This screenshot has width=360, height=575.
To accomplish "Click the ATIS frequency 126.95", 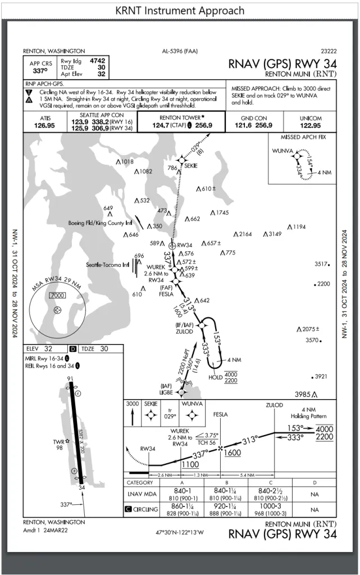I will (44, 125).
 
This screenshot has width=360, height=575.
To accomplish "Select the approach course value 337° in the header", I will (40, 71).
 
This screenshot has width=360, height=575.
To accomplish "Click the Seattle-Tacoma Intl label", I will (108, 264).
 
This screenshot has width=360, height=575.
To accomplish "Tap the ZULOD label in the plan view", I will (185, 332).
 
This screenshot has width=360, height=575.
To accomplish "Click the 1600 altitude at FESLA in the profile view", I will (233, 453).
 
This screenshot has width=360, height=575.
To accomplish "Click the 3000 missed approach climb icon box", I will (132, 413).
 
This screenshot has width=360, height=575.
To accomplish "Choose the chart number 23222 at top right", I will (328, 51).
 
